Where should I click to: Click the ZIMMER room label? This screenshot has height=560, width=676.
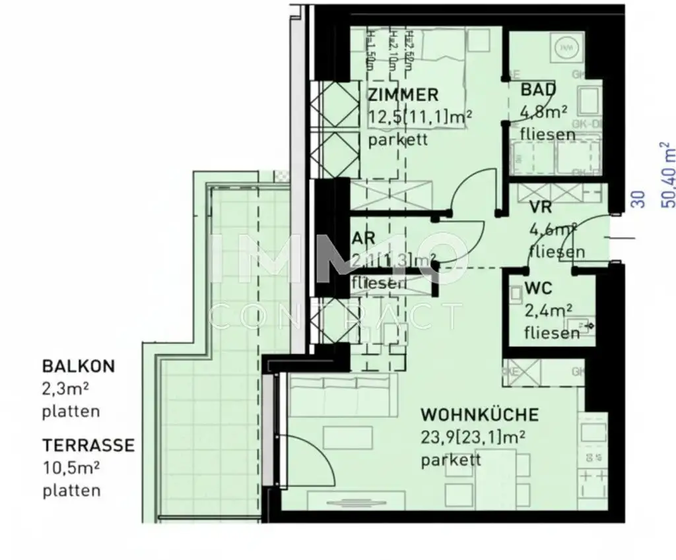point(402,95)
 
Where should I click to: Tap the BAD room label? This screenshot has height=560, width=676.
point(538,90)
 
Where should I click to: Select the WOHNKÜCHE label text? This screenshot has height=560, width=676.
point(479,415)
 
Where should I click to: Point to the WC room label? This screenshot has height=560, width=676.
point(538,288)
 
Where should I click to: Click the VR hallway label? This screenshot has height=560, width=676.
point(540,207)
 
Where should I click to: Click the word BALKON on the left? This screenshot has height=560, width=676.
point(78,365)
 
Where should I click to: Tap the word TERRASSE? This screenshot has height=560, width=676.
point(88,445)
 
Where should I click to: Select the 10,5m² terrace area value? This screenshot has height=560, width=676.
point(71,468)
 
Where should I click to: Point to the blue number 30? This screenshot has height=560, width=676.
point(638,199)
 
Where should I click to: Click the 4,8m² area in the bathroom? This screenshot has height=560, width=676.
point(543,112)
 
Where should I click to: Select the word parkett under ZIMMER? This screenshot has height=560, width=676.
point(397,140)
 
